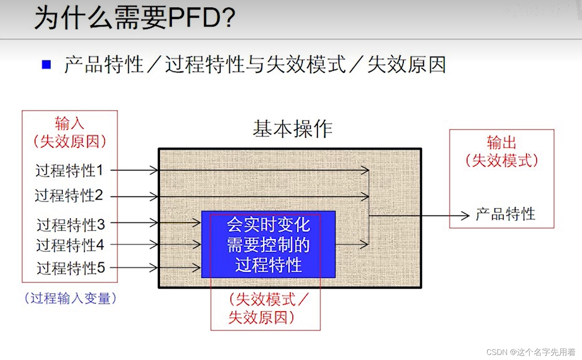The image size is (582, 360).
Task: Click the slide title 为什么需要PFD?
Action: click(x=135, y=18)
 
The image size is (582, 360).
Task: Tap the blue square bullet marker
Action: click(x=46, y=65)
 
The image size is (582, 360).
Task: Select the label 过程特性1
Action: click(x=69, y=171)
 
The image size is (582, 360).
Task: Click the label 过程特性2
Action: click(x=69, y=196)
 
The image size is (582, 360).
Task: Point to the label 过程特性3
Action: click(x=70, y=225)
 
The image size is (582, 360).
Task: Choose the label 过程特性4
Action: click(x=70, y=245)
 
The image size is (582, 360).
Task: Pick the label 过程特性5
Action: click(x=70, y=268)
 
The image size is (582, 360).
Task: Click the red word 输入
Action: click(x=69, y=124)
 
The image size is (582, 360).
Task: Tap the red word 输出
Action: click(x=502, y=143)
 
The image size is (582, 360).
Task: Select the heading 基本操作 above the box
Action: click(x=292, y=129)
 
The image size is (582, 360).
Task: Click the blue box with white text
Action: click(x=268, y=244)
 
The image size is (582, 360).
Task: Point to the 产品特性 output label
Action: click(x=505, y=214)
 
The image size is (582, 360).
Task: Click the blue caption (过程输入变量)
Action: click(x=70, y=299)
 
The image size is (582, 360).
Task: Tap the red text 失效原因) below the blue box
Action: click(x=261, y=317)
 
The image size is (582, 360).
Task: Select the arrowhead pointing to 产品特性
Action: click(x=465, y=216)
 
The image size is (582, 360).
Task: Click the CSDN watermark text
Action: click(x=531, y=352)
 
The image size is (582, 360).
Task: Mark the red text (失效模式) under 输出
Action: click(x=502, y=160)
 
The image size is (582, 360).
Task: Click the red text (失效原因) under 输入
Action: click(x=69, y=141)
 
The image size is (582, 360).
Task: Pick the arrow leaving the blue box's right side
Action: click(x=352, y=244)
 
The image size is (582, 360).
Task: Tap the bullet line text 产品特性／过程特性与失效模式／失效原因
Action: click(x=255, y=65)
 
